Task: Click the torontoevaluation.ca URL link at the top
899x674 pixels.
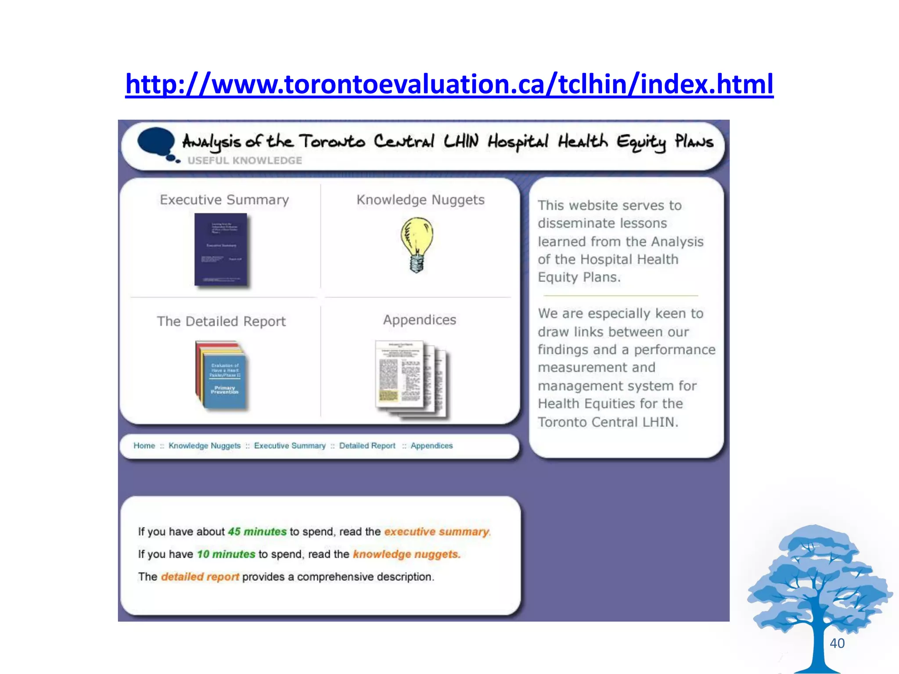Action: pos(449,84)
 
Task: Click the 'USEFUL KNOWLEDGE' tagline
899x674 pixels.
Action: pos(245,161)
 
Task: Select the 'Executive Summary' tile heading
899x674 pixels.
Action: pos(224,200)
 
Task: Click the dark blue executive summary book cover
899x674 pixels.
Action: pos(221,249)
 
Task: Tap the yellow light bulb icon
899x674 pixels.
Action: pos(417,245)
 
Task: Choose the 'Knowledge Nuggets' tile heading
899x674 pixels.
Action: pos(420,200)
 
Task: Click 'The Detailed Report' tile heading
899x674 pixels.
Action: pos(221,321)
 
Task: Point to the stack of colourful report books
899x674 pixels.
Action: pos(221,375)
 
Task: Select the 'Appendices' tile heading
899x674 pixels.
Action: pos(420,320)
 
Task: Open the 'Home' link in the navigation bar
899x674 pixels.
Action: pos(144,446)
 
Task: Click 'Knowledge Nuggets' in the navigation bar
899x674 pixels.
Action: pos(205,446)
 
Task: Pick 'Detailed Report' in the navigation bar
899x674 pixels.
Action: pos(367,446)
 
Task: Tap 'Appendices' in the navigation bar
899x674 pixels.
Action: pos(432,446)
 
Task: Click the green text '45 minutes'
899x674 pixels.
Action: pos(257,531)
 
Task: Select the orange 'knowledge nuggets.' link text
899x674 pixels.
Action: pos(406,554)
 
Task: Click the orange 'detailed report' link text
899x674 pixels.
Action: pos(200,577)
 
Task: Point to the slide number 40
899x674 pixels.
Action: pos(837,643)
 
